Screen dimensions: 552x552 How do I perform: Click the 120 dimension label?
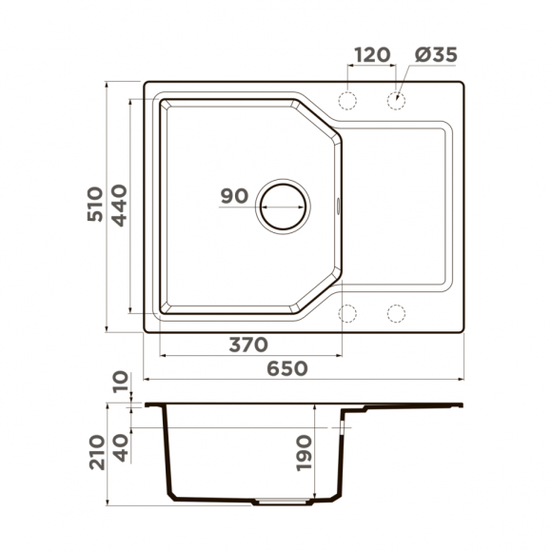371,54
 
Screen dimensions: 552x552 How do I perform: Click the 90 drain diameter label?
234,197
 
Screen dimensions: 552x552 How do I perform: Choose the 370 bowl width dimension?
248,344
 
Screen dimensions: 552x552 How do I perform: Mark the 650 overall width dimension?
288,368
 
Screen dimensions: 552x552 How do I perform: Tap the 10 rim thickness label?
120,384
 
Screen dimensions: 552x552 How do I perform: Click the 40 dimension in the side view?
120,445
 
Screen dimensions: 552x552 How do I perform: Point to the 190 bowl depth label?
303,452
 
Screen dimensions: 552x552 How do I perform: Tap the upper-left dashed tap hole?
349,101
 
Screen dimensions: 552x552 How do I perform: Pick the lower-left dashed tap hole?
349,312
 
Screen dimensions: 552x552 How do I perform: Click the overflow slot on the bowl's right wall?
339,205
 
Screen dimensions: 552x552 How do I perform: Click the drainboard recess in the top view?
395,205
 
